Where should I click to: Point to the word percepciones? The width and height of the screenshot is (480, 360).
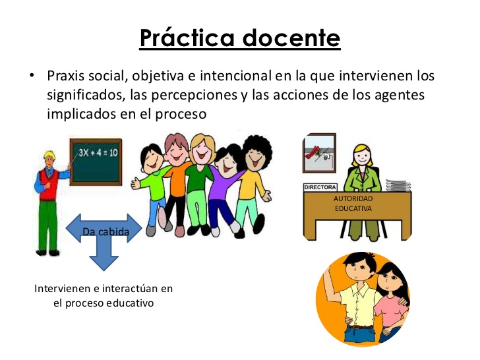(x=196, y=95)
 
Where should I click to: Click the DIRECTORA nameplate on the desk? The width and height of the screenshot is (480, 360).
(x=319, y=187)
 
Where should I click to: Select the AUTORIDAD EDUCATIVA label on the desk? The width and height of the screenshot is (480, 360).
(x=353, y=203)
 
